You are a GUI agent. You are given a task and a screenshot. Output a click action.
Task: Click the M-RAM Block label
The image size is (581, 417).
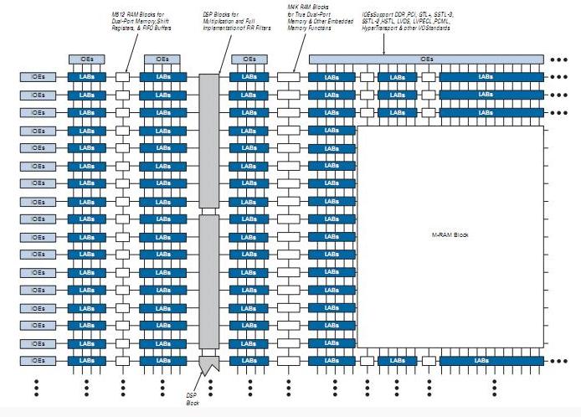pyautogui.click(x=450, y=235)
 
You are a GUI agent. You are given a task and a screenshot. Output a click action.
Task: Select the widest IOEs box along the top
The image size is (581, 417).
pyautogui.click(x=427, y=59)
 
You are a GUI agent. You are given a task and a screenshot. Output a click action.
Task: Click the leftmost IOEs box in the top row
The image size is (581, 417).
pyautogui.click(x=86, y=59)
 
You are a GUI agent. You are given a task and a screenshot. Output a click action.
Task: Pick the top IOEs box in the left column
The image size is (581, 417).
pyautogui.click(x=37, y=76)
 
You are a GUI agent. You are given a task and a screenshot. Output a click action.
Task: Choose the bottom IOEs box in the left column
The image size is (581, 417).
pyautogui.click(x=37, y=360)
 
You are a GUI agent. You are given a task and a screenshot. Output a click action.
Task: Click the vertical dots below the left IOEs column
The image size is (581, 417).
pyautogui.click(x=37, y=387)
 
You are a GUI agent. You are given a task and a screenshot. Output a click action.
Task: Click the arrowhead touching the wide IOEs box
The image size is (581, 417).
pyautogui.click(x=384, y=53)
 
